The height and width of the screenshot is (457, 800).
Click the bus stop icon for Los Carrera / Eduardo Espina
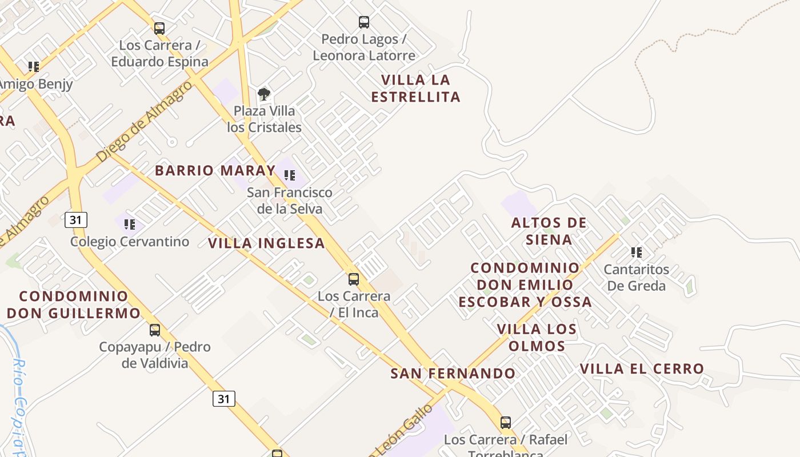pos(159,28)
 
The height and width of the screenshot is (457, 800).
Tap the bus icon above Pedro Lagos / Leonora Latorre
pos(364,22)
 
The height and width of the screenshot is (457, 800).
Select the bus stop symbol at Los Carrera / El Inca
pos(354,279)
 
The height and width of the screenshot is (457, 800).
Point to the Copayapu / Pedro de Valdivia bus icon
pos(155,330)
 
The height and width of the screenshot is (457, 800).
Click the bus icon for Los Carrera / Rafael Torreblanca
pos(506,423)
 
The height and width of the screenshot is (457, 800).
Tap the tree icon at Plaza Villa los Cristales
pos(263,94)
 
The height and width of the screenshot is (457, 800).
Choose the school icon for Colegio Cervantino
pos(130,225)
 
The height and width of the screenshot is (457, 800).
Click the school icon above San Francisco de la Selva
pos(290,175)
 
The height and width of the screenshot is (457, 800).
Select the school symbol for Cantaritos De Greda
pos(636,252)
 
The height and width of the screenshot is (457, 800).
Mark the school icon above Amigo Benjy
pos(34,67)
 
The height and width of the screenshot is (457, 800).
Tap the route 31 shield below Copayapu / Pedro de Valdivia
pos(224,398)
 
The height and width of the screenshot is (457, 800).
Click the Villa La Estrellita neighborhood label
pos(415,89)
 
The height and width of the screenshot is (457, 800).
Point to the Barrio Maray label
pos(215,170)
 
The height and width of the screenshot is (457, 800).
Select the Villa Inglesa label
pos(266,243)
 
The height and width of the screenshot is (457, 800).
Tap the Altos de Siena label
pos(549,231)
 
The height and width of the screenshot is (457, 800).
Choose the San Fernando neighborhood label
pos(453,374)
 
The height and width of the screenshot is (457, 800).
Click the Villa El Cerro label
pos(642,369)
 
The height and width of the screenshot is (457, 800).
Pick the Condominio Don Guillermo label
pos(74,304)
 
